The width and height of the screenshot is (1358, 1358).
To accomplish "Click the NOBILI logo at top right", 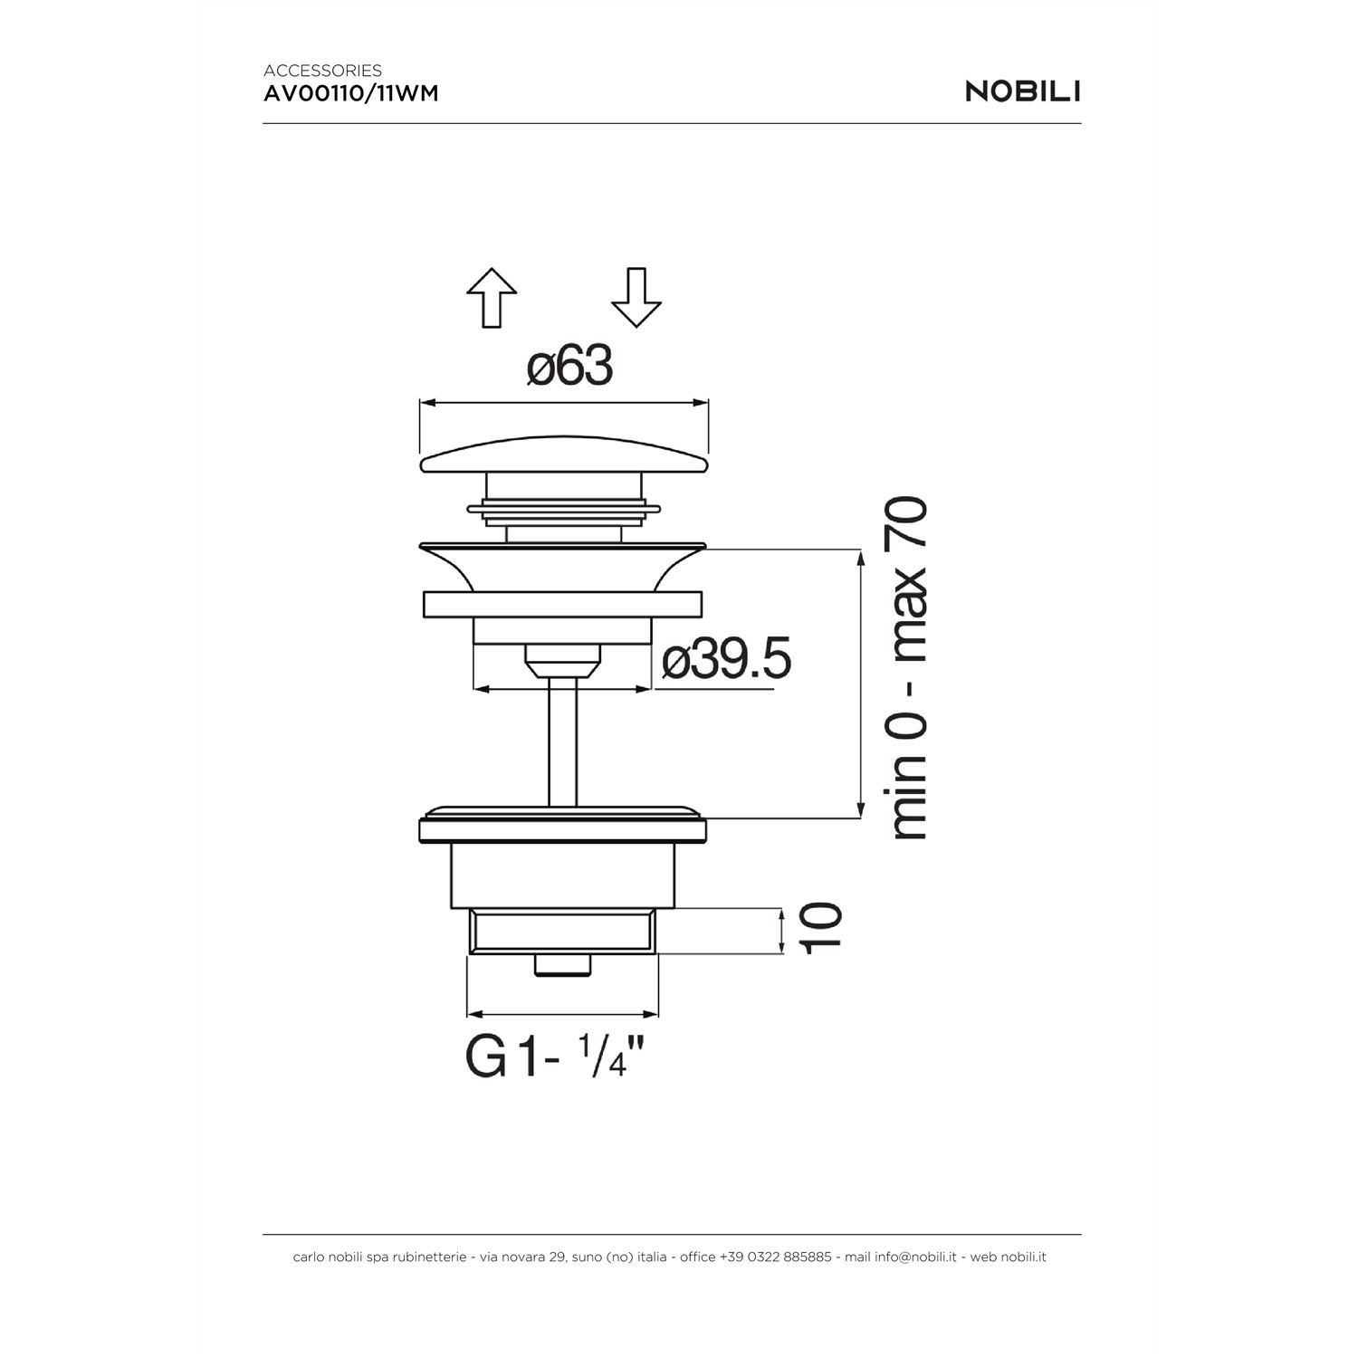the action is [x=1023, y=91].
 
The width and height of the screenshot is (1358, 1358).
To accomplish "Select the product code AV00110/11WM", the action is [x=351, y=92].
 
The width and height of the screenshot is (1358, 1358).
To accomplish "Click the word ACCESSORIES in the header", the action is [x=322, y=70].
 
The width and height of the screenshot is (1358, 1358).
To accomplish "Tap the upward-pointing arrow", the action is [x=492, y=298].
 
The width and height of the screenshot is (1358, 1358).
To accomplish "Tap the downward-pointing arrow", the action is [x=636, y=298].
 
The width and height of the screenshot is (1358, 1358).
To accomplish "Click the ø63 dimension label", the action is [x=570, y=367].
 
